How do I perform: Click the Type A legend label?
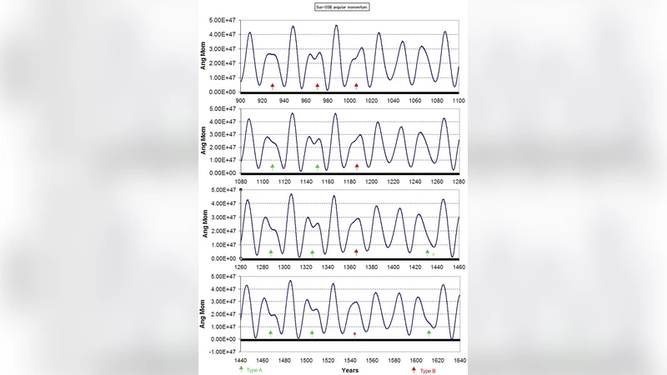[254, 369]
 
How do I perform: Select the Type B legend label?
[428, 369]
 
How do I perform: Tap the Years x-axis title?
[349, 369]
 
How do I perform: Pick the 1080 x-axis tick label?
[240, 181]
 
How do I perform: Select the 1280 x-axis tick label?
[458, 181]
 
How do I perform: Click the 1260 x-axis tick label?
[240, 267]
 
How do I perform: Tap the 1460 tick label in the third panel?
[458, 267]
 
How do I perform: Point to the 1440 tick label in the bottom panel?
[240, 360]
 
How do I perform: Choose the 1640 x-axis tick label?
[458, 360]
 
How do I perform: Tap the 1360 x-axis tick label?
[349, 267]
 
